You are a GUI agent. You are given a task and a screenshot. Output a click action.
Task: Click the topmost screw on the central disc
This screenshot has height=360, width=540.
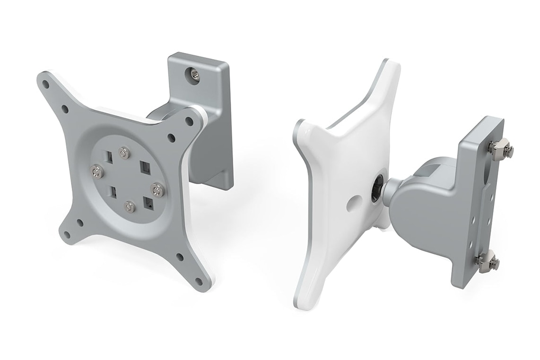(124, 153)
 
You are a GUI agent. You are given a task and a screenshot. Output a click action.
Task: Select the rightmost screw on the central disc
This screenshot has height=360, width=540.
(157, 190)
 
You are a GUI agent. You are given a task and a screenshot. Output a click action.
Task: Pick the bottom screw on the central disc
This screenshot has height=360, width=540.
(129, 206)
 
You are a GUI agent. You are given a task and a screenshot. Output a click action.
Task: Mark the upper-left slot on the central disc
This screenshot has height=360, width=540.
(109, 156)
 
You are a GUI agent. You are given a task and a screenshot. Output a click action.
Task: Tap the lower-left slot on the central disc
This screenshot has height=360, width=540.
(114, 192)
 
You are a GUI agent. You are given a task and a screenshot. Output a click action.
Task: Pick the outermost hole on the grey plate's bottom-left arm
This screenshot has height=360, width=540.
(67, 234)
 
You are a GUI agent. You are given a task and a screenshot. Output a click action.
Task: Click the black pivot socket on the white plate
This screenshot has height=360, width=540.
(376, 189)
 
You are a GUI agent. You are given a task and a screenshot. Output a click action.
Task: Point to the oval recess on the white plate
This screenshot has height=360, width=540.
(354, 204)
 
